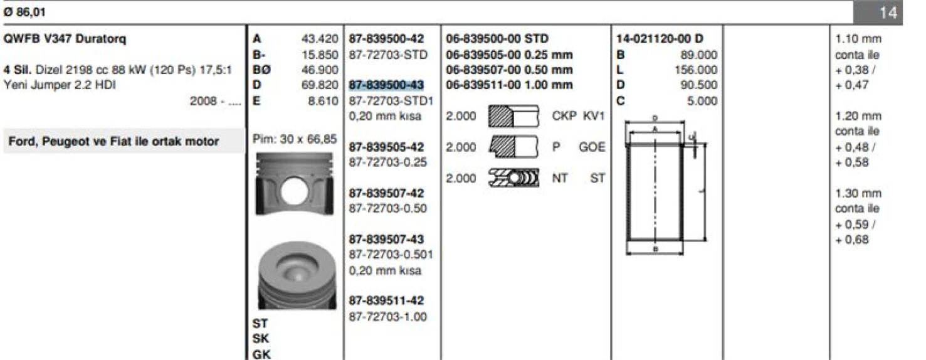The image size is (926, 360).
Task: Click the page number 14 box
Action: click(888, 12)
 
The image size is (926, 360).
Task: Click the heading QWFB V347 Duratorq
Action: click(65, 39)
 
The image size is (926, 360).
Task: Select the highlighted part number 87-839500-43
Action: click(386, 85)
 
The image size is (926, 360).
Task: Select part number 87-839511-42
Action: click(386, 302)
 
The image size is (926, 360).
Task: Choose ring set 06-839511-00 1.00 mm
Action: click(509, 85)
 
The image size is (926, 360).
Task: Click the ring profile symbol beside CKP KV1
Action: click(513, 117)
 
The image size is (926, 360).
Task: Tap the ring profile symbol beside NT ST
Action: click(513, 178)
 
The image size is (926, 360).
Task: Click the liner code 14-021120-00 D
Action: click(660, 39)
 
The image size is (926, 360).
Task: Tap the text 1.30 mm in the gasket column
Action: click(858, 194)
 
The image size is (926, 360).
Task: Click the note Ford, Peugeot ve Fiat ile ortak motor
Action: click(113, 142)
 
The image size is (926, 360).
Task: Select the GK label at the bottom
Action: click(261, 354)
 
